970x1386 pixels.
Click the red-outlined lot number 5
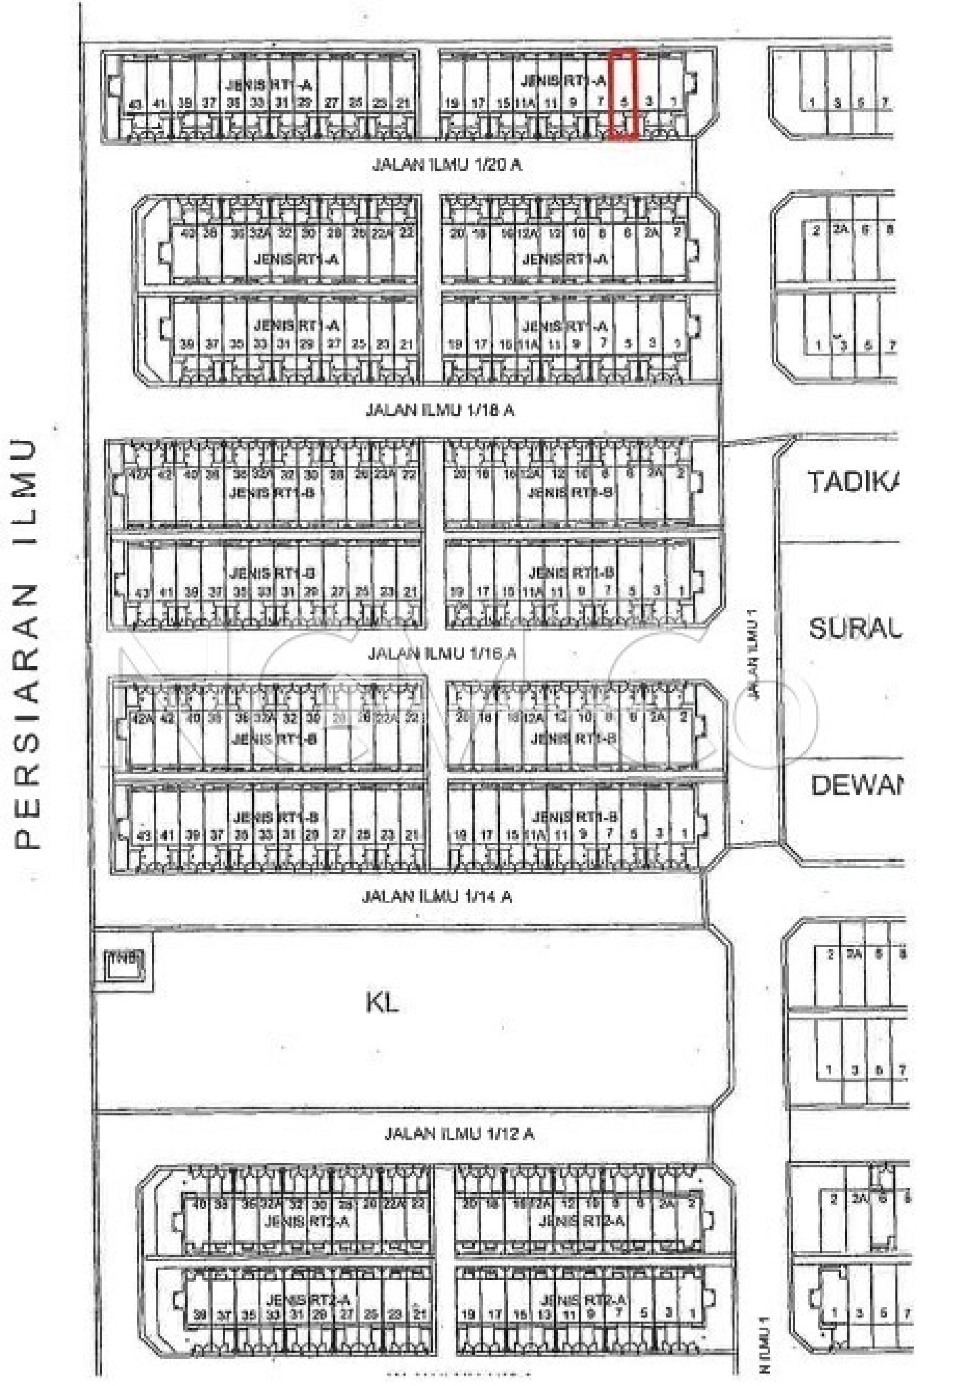tap(625, 102)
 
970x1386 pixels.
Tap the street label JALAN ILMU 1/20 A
tap(447, 164)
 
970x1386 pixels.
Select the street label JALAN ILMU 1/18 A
tap(440, 410)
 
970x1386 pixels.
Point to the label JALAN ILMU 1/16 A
tap(442, 653)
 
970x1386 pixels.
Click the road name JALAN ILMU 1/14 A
tap(437, 897)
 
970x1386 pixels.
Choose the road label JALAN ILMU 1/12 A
tap(459, 1134)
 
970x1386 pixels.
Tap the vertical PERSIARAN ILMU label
tap(27, 644)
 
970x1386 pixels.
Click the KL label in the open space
tap(382, 1003)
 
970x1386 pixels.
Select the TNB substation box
tap(123, 961)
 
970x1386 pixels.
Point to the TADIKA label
tap(853, 483)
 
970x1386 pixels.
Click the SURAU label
tap(855, 629)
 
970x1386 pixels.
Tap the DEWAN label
tap(856, 786)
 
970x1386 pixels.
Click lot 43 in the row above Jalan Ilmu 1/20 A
tap(135, 104)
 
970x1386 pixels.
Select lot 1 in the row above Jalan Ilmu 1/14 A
tap(685, 834)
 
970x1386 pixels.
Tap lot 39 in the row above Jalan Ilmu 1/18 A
tap(187, 344)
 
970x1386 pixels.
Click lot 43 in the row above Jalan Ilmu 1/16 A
tap(142, 593)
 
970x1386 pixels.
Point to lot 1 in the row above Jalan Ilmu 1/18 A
tap(678, 343)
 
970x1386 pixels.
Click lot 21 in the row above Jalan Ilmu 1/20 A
tap(403, 104)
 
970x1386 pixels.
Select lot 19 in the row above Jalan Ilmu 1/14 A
tap(460, 835)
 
